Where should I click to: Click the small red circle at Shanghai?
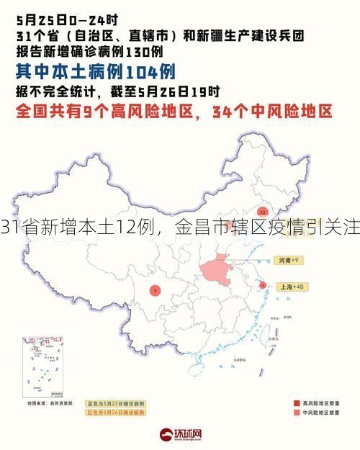263,285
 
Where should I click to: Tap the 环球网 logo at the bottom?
180,433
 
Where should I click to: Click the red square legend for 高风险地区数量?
297,402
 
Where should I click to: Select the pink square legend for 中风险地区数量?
297,413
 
